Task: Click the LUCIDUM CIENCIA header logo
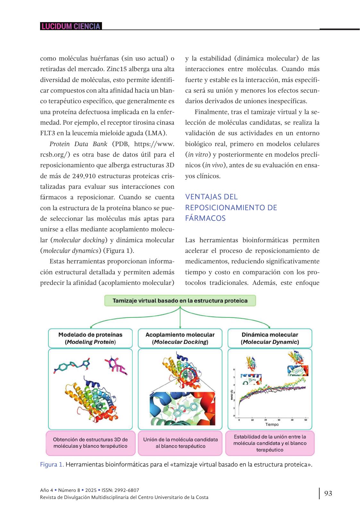click(71, 26)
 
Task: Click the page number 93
click(328, 493)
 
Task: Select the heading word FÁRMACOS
click(205, 218)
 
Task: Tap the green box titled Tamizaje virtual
click(180, 301)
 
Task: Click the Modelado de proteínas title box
click(90, 338)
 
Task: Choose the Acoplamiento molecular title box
click(180, 338)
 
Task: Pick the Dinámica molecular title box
click(270, 338)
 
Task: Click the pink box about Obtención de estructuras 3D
click(90, 443)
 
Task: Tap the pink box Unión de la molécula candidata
click(180, 443)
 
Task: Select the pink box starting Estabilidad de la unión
click(270, 443)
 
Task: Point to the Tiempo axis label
click(272, 424)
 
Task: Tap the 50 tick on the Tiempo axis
click(306, 420)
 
